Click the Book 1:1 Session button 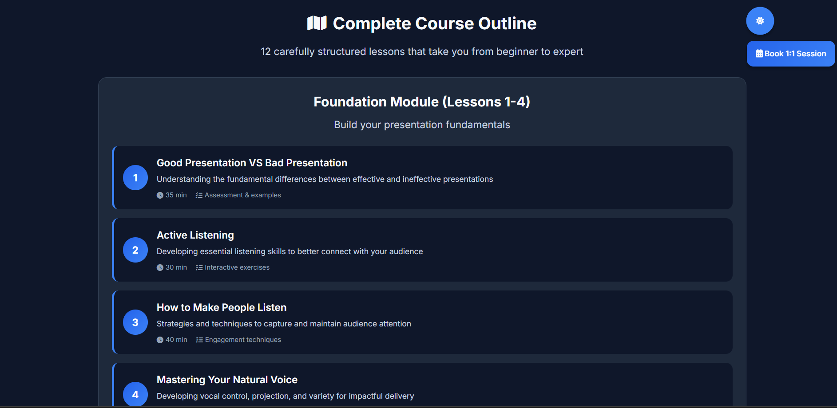(790, 54)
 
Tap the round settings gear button (760, 21)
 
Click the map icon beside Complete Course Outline (317, 23)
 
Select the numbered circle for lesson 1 (135, 178)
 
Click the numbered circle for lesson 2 (135, 250)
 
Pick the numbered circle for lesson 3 (135, 322)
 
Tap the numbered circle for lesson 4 (135, 394)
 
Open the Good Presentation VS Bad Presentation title (252, 163)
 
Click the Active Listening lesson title (195, 235)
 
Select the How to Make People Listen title (221, 307)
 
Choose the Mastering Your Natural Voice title (227, 380)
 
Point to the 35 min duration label (176, 195)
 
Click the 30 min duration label (176, 267)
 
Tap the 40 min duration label (176, 340)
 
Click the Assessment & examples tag (242, 195)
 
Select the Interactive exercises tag (237, 267)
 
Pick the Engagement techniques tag (242, 340)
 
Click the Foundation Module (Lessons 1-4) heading (422, 102)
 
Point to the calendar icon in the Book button (759, 54)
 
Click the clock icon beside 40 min (160, 340)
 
